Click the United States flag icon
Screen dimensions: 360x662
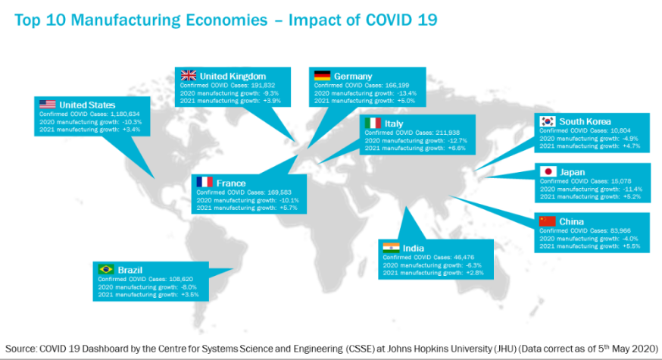[x=47, y=105]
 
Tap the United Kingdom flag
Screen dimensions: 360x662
[x=188, y=76]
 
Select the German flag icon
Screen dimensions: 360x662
[x=322, y=76]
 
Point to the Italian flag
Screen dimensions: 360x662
[x=373, y=123]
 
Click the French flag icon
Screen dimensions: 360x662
[x=205, y=183]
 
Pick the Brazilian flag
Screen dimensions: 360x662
[x=106, y=269]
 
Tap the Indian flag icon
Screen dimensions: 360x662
[x=391, y=248]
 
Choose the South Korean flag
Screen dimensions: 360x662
[x=547, y=122]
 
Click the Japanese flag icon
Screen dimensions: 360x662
[x=547, y=171]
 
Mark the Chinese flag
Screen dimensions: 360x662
[x=547, y=221]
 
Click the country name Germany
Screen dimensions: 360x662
[x=352, y=76]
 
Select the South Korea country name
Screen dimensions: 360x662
[x=585, y=122]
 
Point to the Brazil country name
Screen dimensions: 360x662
[x=131, y=269]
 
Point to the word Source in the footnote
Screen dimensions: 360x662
[x=21, y=348]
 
